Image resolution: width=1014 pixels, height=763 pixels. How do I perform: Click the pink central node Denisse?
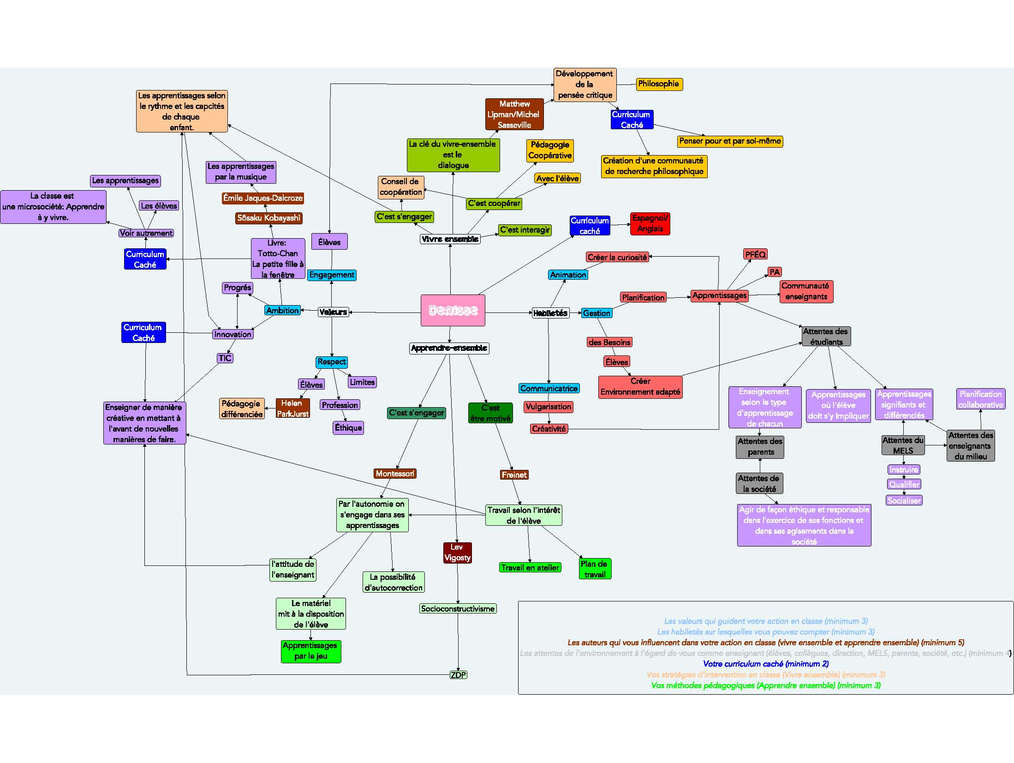click(x=453, y=310)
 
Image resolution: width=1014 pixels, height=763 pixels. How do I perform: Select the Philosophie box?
click(x=658, y=84)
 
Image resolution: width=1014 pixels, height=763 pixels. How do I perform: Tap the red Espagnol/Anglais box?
click(x=650, y=223)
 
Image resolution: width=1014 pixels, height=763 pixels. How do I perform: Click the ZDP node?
click(x=458, y=675)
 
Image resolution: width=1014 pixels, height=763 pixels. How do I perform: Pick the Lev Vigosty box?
click(x=457, y=553)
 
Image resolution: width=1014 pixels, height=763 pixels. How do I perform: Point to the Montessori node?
click(x=395, y=474)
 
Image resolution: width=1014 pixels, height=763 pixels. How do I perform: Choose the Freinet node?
click(x=514, y=475)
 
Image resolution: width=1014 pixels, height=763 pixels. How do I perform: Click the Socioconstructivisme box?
click(x=458, y=609)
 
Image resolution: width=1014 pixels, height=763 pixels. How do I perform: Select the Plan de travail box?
click(x=594, y=569)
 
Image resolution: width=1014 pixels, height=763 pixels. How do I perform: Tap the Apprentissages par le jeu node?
click(x=310, y=651)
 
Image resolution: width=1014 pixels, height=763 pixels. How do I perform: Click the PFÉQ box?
click(x=755, y=254)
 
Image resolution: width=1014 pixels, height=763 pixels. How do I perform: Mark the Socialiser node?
click(x=904, y=500)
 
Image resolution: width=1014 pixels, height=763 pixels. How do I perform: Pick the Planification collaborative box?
click(x=980, y=399)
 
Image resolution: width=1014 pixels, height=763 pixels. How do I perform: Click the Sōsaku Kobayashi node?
click(x=268, y=218)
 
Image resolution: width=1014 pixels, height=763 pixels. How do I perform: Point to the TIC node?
click(x=225, y=358)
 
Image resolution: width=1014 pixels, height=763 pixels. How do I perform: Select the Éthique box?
click(x=348, y=428)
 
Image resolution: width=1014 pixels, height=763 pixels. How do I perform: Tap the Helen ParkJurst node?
click(x=292, y=409)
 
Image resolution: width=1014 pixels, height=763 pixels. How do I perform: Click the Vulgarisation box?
click(x=548, y=407)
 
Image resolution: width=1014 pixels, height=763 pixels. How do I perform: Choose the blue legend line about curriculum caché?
click(x=766, y=664)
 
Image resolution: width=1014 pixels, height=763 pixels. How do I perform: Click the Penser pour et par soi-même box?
click(x=730, y=141)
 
